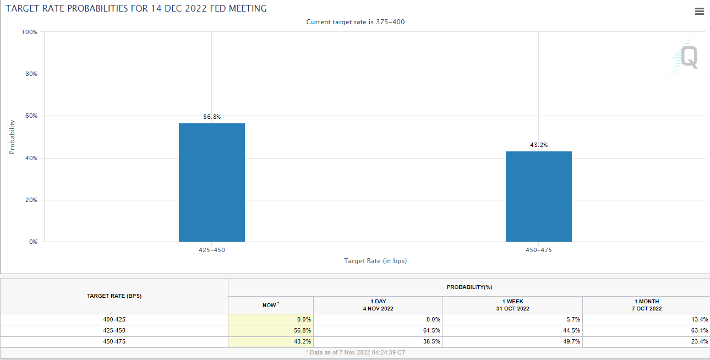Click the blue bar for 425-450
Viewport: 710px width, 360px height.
(212, 182)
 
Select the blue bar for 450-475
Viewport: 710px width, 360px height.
(538, 197)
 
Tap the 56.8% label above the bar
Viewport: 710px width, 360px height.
(212, 117)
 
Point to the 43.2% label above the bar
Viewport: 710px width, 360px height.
(539, 145)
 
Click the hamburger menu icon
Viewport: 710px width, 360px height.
(700, 12)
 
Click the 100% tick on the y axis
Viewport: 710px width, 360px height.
(30, 32)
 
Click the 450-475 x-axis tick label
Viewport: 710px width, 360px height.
(538, 250)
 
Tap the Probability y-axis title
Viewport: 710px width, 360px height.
(12, 137)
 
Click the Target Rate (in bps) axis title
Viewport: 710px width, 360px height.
(375, 261)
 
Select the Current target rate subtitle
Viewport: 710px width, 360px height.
(356, 22)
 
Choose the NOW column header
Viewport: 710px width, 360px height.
(270, 305)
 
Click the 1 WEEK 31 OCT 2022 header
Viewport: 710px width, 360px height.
(512, 305)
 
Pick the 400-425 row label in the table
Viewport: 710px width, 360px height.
(114, 319)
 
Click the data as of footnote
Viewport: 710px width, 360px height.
(356, 352)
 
